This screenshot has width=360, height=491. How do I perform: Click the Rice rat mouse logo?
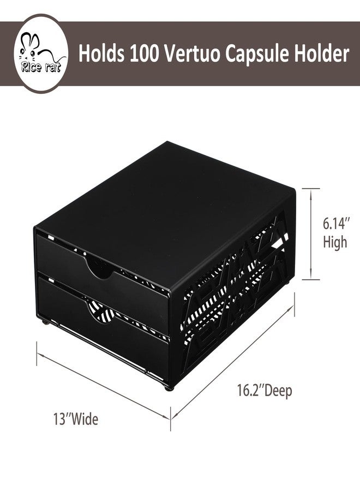coord(41,53)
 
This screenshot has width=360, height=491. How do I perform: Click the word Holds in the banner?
coord(101,53)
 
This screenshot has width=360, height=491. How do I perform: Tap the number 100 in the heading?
coord(143,53)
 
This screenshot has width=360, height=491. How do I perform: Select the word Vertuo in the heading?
coord(192,53)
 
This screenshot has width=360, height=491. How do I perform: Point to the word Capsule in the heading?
coord(256,55)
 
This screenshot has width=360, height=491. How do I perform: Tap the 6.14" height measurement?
coord(336,224)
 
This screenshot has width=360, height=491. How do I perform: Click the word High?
coord(335,242)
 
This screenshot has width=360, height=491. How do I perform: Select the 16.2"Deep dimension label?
coord(265,391)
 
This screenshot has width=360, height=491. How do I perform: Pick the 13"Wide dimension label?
coord(75,419)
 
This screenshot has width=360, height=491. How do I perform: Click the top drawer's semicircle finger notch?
coord(100,267)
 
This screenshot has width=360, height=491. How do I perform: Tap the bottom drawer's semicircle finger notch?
coord(101,311)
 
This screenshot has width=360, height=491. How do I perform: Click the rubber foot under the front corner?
coord(169,388)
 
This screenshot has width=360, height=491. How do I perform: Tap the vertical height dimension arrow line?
coord(310,234)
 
